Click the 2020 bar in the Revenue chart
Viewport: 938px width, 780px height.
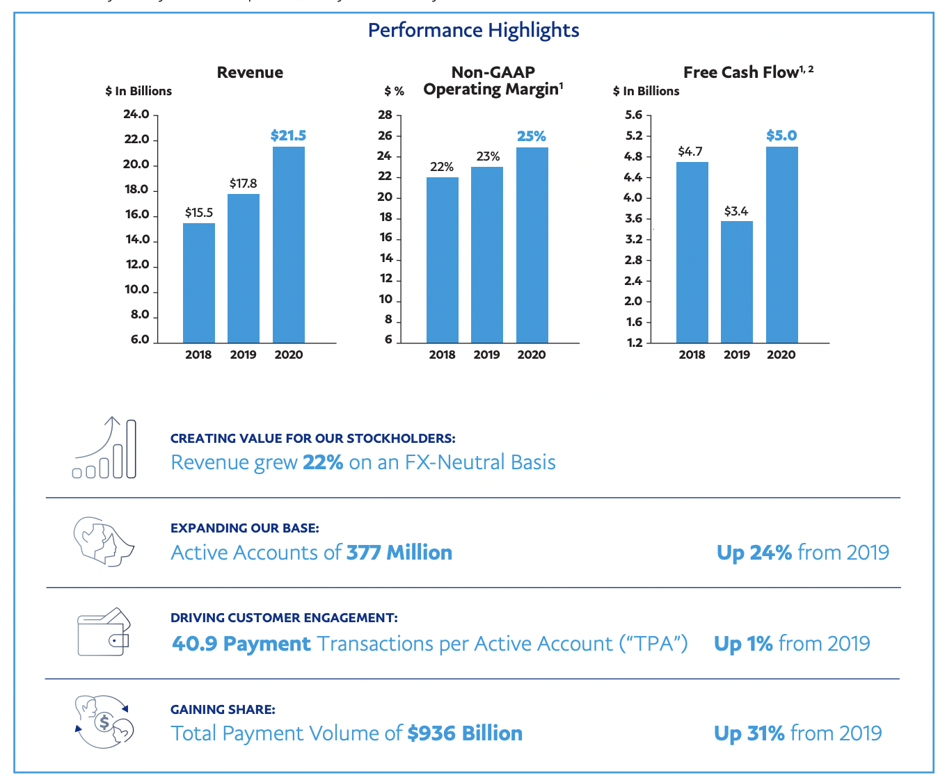tap(288, 244)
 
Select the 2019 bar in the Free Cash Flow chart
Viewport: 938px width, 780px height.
tap(736, 282)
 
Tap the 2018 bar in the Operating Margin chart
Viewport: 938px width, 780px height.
tap(442, 259)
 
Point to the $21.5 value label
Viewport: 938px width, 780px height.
tap(288, 136)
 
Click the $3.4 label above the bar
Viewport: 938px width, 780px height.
tap(736, 211)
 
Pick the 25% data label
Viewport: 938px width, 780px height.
tap(531, 136)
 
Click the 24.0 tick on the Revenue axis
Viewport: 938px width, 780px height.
tap(136, 115)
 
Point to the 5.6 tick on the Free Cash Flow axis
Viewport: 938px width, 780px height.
tap(633, 115)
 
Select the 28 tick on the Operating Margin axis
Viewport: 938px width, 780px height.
tap(385, 115)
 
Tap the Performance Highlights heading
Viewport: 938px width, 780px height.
tap(473, 30)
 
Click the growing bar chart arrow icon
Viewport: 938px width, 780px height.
tap(105, 448)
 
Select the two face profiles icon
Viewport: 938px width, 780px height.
tap(103, 541)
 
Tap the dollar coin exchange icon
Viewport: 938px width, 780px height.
tap(104, 722)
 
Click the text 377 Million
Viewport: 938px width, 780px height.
tap(399, 553)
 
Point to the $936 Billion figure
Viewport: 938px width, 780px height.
tap(465, 733)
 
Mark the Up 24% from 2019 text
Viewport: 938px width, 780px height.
tap(802, 553)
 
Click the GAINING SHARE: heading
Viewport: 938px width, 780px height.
tap(223, 709)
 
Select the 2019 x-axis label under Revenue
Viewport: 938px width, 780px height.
tap(243, 355)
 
